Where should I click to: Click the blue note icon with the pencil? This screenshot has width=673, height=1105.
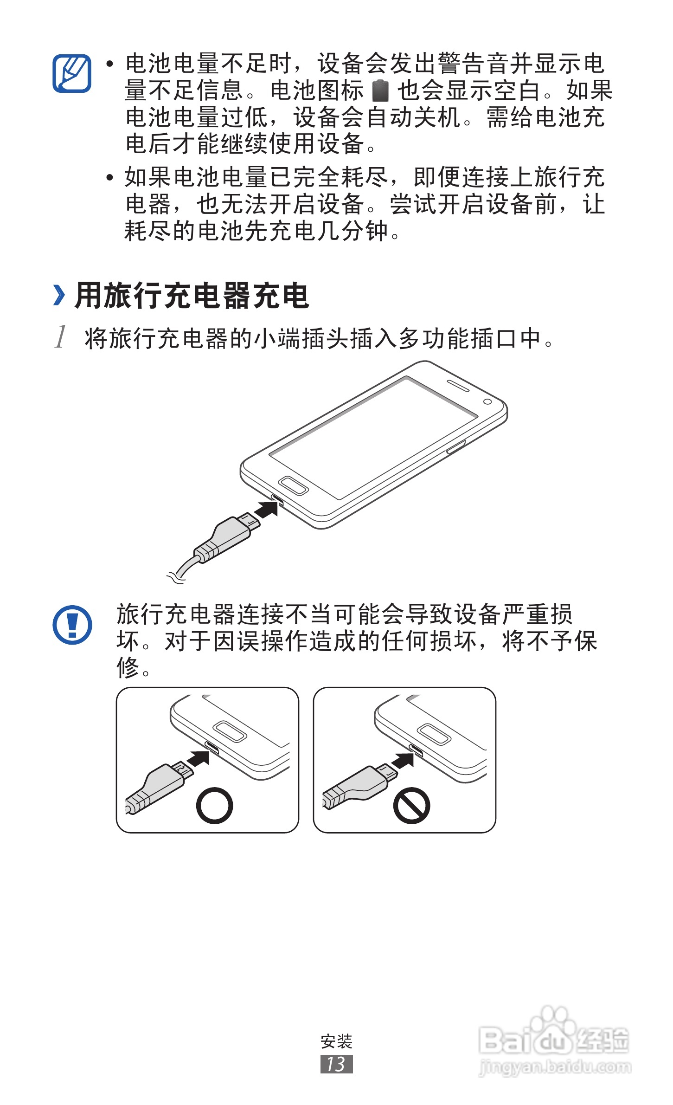click(71, 73)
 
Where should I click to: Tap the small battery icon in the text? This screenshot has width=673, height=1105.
click(380, 90)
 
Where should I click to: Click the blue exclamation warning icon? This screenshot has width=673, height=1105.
click(72, 625)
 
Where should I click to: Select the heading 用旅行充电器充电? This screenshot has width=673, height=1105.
click(192, 296)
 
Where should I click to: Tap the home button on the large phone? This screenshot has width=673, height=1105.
click(293, 486)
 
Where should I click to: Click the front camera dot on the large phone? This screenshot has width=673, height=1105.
click(487, 401)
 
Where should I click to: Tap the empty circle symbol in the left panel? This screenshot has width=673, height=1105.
click(214, 805)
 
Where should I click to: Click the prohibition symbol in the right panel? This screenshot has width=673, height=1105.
click(411, 805)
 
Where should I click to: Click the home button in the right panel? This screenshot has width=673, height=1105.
click(434, 734)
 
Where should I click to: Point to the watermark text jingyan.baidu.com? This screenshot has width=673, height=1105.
click(554, 1067)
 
